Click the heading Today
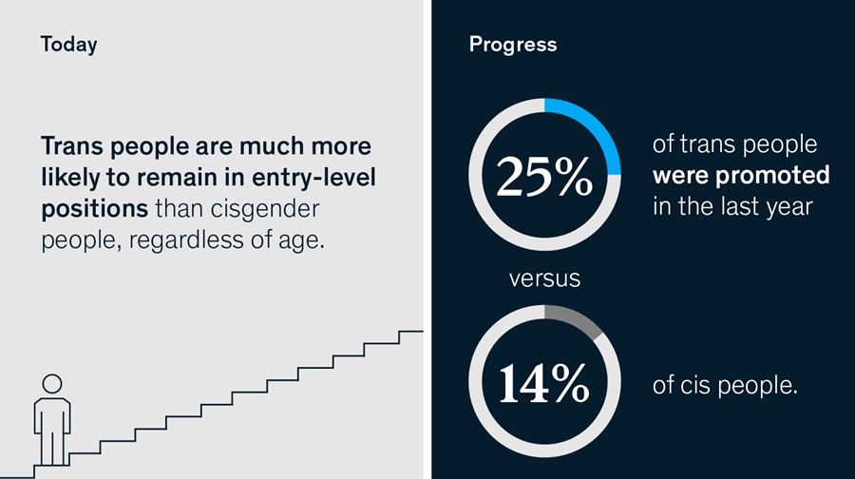[68, 45]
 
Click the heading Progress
[512, 45]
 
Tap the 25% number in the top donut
[544, 177]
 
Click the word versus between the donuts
[544, 279]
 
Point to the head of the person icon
[52, 383]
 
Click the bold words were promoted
[741, 176]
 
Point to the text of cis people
[725, 387]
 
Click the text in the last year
[732, 206]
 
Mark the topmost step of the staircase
[410, 332]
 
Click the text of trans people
[734, 145]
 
